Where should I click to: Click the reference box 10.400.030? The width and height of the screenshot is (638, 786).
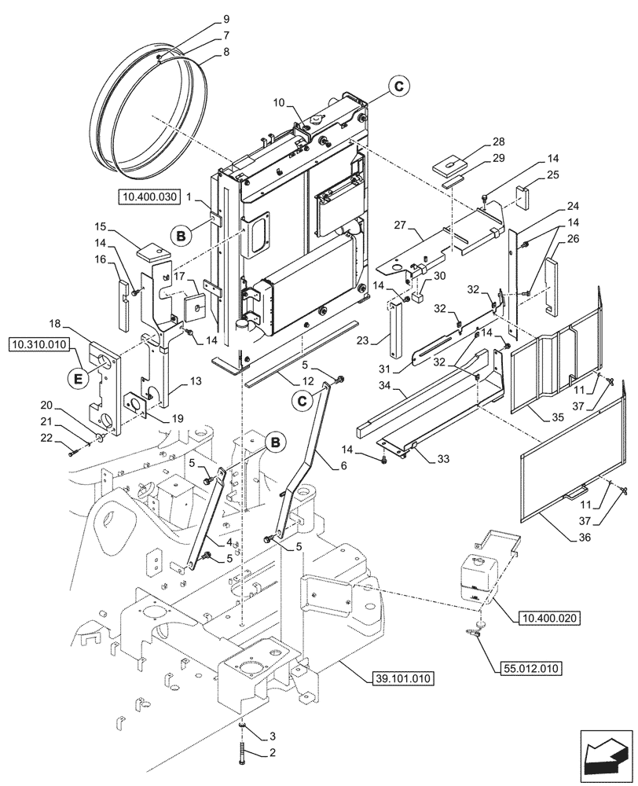point(150,196)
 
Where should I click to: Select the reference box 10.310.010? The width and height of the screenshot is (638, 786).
point(40,344)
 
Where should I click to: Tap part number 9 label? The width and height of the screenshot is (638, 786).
point(204,18)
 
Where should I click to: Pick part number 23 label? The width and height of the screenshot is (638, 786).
point(383,342)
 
